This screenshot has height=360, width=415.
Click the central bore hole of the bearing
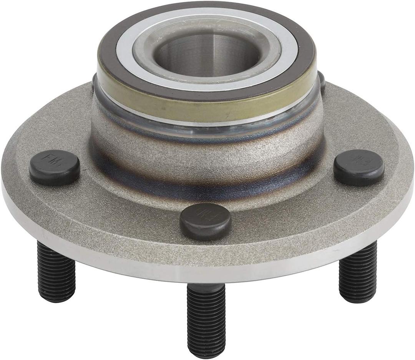pyautogui.click(x=207, y=54)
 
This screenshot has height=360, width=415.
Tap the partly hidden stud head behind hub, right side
pyautogui.click(x=321, y=81)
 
